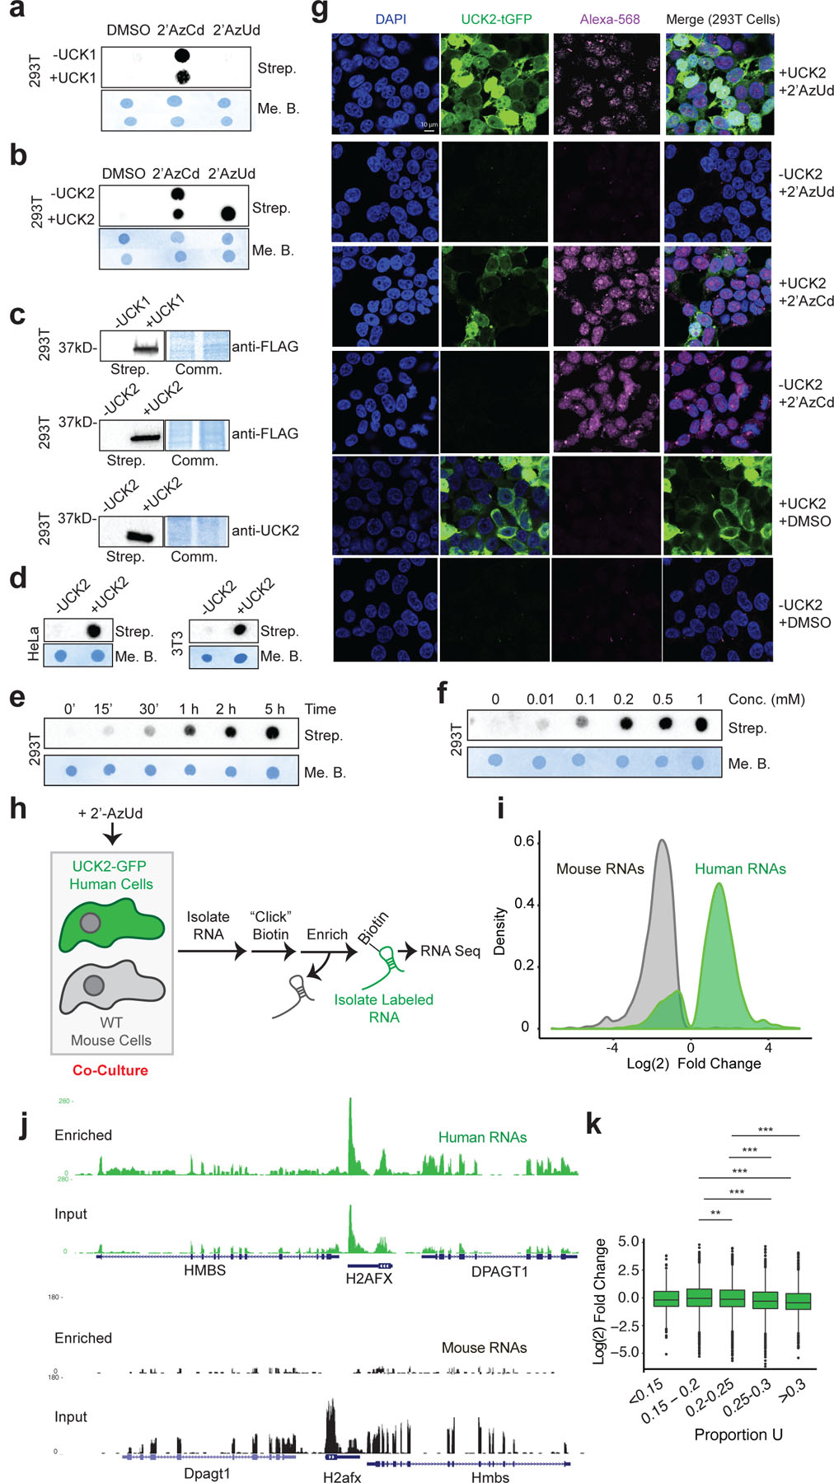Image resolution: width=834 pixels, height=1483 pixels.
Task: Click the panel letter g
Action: (x=319, y=12)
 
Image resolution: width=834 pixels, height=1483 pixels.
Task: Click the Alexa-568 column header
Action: (x=609, y=19)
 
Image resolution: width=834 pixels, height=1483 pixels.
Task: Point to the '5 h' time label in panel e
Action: (x=274, y=709)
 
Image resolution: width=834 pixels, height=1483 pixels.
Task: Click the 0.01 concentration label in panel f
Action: (x=541, y=699)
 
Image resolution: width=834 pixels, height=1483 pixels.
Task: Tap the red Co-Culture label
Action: (x=110, y=1070)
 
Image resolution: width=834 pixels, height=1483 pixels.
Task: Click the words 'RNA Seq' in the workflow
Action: (x=450, y=951)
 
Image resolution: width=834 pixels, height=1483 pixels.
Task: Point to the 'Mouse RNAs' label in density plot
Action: (x=600, y=869)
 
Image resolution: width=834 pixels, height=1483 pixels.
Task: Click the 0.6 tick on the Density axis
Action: (x=523, y=841)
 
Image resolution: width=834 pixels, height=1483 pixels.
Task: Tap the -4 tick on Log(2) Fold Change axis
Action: (x=612, y=1047)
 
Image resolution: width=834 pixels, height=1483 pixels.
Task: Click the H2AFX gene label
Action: (x=369, y=1279)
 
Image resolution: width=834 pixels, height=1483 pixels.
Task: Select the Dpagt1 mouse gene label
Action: (x=207, y=1473)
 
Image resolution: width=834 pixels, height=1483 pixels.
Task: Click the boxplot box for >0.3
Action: (x=798, y=1301)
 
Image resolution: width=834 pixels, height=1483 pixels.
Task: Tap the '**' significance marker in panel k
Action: (x=715, y=1213)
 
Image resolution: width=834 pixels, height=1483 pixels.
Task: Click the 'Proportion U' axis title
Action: (x=738, y=1434)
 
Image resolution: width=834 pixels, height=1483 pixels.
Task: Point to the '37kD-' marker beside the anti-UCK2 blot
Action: (x=77, y=518)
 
